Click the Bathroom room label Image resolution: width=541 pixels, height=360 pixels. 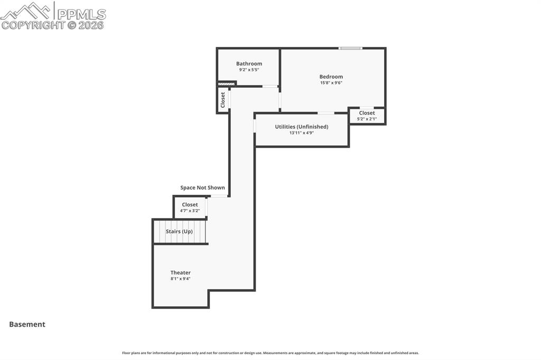click(x=249, y=64)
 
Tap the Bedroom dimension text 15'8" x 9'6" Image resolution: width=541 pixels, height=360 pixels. click(x=331, y=83)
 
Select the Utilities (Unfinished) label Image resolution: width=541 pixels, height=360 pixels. click(x=301, y=127)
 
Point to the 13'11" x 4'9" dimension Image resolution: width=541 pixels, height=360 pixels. click(x=301, y=133)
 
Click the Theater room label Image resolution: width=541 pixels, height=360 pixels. click(x=180, y=273)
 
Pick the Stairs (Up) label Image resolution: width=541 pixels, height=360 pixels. click(x=179, y=232)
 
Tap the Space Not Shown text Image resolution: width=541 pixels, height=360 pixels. click(x=202, y=188)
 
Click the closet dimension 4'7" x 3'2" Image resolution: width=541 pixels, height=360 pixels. click(x=190, y=211)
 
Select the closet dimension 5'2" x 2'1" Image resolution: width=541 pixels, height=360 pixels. click(x=367, y=119)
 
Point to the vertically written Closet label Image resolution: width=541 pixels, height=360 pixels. click(x=223, y=100)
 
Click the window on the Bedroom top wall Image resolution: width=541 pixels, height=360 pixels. click(x=350, y=49)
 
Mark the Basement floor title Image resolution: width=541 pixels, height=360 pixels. click(x=27, y=325)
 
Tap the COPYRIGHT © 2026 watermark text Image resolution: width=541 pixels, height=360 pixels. click(x=53, y=25)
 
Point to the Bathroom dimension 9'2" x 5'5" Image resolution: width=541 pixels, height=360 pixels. click(x=249, y=70)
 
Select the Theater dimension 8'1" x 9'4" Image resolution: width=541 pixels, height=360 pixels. click(x=180, y=279)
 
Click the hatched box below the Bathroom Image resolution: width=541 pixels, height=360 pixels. click(x=227, y=83)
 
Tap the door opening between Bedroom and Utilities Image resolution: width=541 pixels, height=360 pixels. click(x=325, y=112)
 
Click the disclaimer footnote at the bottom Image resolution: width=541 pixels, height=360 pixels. click(x=270, y=353)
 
